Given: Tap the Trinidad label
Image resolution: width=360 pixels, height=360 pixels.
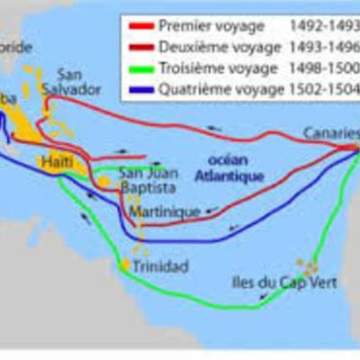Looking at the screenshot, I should point(159,266).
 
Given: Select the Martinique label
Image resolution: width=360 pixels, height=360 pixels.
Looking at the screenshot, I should point(166,212).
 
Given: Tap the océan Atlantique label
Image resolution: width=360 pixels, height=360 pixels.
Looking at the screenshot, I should point(232,168).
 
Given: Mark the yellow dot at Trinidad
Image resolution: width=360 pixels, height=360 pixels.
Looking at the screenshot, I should point(123,265).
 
